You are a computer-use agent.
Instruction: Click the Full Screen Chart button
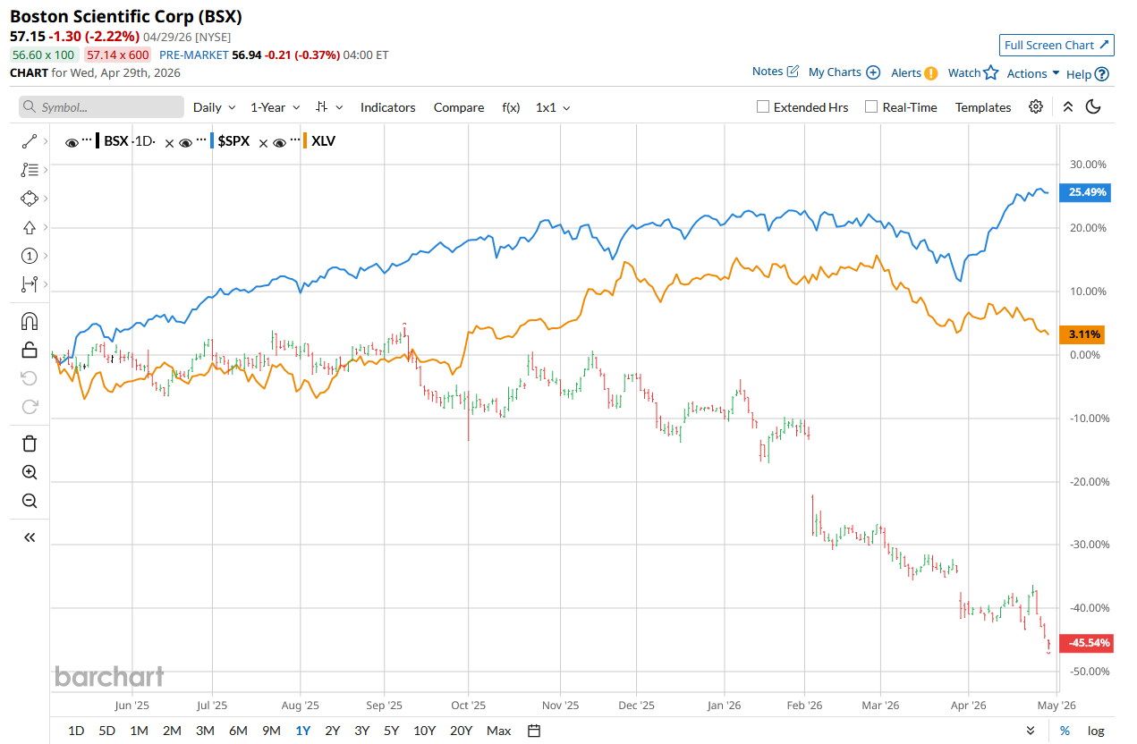coord(1056,45)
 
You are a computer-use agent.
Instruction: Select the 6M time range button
coord(238,731)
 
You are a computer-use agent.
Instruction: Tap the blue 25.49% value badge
coord(1084,192)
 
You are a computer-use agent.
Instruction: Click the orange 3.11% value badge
coord(1082,335)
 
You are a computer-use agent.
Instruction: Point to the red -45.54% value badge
coord(1084,643)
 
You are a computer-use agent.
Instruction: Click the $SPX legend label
coord(233,141)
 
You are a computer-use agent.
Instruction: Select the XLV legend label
coord(323,141)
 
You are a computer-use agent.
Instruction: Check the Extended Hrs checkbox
coord(763,107)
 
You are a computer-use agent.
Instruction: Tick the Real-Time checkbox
coord(871,107)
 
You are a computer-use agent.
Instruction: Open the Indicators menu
coord(387,107)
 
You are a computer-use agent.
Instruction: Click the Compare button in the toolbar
coord(459,107)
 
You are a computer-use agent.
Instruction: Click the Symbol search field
coord(102,107)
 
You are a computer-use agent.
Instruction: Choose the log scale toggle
coord(1096,731)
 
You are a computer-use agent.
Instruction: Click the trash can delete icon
coord(30,444)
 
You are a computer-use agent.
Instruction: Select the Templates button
coord(983,107)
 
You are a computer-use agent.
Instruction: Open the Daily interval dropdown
coord(214,107)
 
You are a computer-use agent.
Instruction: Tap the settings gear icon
coord(1036,106)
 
